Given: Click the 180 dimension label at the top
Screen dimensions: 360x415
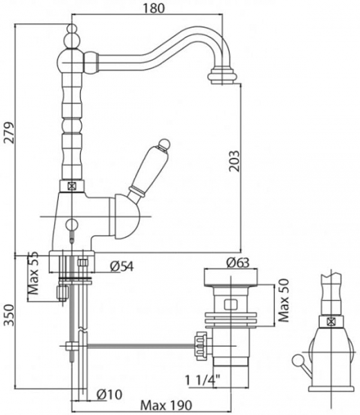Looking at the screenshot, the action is click(x=154, y=8).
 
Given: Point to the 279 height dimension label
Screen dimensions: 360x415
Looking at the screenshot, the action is click(x=9, y=133).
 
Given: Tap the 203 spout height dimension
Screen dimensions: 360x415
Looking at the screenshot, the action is click(x=234, y=161).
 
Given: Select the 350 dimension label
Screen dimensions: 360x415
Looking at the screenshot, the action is click(x=9, y=315).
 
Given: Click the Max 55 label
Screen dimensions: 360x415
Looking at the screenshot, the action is click(x=33, y=273).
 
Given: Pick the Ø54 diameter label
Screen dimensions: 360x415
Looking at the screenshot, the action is click(x=122, y=266).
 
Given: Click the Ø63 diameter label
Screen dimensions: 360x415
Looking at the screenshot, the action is click(x=238, y=263).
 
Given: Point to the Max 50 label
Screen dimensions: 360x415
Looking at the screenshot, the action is click(x=285, y=300).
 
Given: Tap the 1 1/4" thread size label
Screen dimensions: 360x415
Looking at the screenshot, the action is click(x=203, y=380).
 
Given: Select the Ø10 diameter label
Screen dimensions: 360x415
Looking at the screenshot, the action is click(x=109, y=394).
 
